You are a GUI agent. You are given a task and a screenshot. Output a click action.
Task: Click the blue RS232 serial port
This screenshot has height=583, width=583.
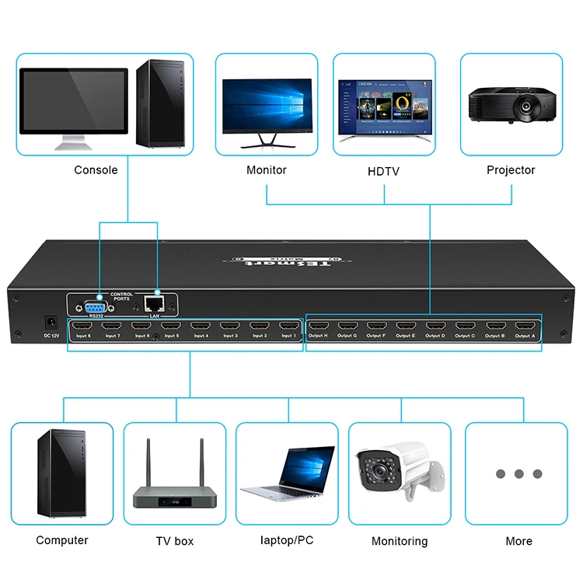(96, 305)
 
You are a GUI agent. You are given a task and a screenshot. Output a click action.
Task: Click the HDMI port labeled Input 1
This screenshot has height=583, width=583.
(288, 326)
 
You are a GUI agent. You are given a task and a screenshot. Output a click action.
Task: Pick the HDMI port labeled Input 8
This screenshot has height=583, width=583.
(83, 326)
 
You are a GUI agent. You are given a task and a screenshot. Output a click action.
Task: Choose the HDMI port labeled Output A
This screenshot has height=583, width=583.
(525, 326)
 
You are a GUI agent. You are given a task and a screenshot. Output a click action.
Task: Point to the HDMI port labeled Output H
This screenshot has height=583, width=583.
(319, 326)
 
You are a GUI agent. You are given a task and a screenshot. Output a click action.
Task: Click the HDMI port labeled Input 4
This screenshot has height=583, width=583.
(201, 326)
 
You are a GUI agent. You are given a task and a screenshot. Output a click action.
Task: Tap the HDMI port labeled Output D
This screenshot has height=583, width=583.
(436, 326)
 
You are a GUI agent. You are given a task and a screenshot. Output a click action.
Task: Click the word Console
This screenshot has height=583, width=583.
(96, 169)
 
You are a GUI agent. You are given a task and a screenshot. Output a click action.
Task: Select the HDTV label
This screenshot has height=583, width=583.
(383, 170)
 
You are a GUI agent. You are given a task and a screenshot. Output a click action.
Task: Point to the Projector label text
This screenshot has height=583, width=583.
(511, 169)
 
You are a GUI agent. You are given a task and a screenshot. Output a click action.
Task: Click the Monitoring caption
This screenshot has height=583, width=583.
(400, 541)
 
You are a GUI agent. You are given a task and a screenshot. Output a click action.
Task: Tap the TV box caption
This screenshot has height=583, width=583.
(174, 541)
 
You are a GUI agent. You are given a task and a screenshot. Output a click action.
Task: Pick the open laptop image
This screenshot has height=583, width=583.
(288, 473)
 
